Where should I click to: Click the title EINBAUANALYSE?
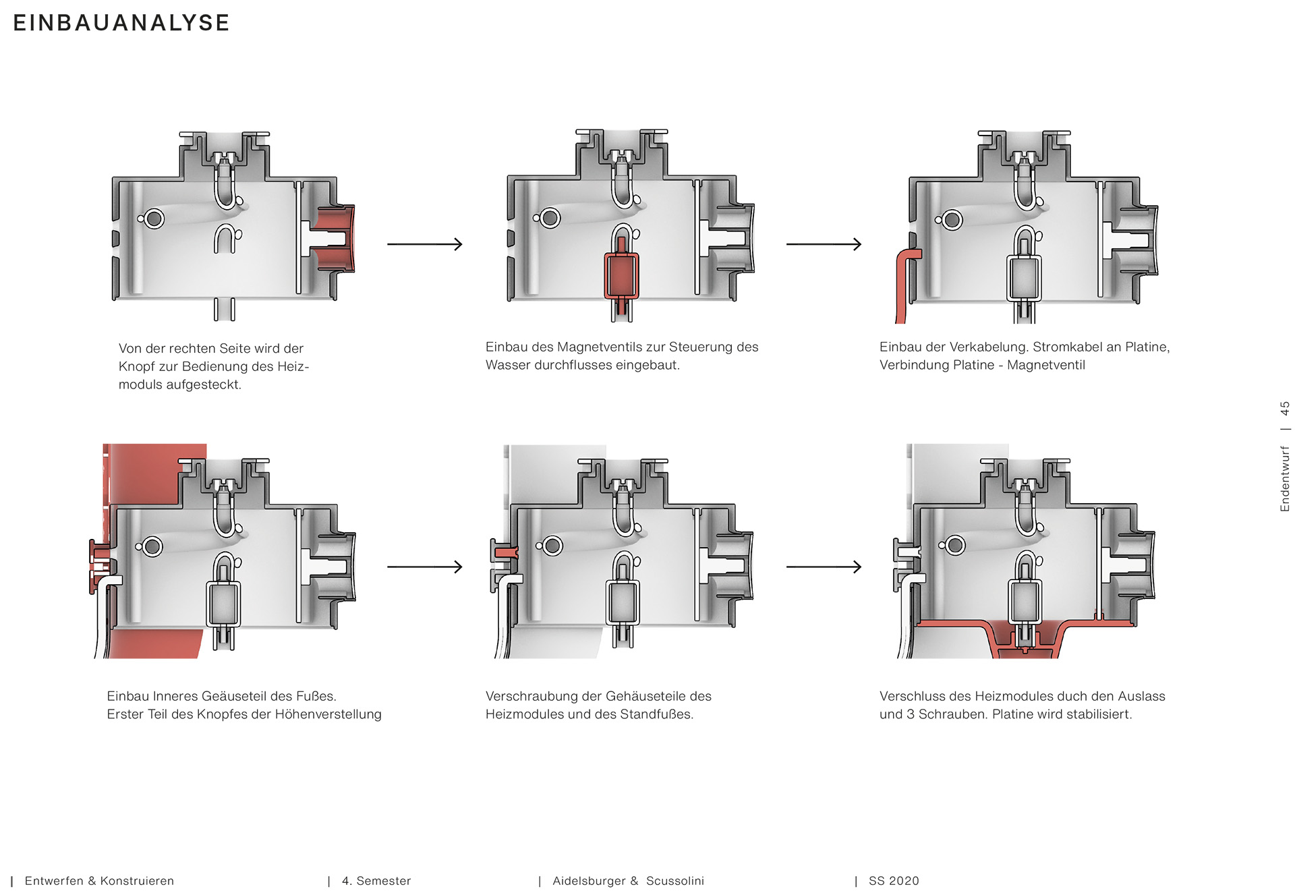point(121,23)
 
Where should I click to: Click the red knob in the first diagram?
point(337,238)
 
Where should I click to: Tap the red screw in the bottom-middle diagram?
point(507,552)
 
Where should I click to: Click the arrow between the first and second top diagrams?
point(425,243)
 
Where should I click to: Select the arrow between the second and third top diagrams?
point(824,243)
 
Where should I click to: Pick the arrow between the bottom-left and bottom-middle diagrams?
point(425,567)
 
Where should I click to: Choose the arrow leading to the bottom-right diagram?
point(824,567)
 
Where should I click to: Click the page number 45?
point(1285,408)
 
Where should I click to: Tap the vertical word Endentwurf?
point(1285,479)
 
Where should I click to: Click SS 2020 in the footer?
point(894,881)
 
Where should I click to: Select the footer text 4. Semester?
point(376,881)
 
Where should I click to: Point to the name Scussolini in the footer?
point(675,881)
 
